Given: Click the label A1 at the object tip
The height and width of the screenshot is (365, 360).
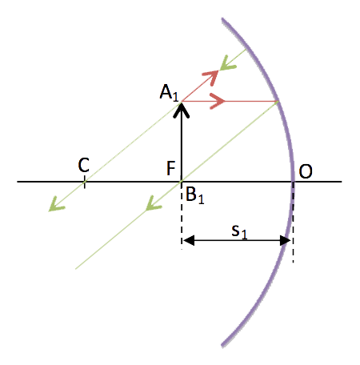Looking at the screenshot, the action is tap(169, 93).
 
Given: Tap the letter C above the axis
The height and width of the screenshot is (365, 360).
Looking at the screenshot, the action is tap(84, 165).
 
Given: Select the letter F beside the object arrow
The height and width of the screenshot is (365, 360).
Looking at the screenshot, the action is tap(170, 168).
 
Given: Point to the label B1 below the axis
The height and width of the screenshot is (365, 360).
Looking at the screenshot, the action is tap(195, 195).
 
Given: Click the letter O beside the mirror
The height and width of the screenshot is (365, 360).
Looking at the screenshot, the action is tap(306, 171).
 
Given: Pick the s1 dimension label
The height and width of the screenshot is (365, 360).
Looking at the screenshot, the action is tap(239, 231).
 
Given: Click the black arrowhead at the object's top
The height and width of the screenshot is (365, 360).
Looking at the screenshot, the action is tap(182, 110).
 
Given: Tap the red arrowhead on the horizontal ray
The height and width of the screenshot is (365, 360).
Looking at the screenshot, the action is tap(218, 101).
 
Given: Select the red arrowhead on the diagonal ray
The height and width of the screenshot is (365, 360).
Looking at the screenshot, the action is tap(211, 78).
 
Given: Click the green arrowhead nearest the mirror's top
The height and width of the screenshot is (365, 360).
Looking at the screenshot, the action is tap(227, 63).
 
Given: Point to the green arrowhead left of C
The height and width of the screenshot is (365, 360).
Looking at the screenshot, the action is tap(56, 204).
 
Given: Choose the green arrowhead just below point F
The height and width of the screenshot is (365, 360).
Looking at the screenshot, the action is tap(153, 203).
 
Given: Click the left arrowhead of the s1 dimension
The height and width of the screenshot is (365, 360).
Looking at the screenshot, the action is tap(189, 240).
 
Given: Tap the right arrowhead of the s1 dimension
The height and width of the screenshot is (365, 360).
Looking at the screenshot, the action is tap(285, 240).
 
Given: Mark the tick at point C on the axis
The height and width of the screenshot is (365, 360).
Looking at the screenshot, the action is tap(85, 182).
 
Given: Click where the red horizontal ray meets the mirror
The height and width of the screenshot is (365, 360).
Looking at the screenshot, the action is tap(278, 102).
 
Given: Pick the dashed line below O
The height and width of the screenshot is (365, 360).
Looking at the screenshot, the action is tap(293, 223).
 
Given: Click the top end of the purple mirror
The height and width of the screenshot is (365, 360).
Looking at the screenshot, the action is tap(222, 19).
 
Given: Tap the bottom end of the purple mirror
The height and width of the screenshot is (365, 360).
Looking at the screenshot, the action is tap(222, 346).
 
